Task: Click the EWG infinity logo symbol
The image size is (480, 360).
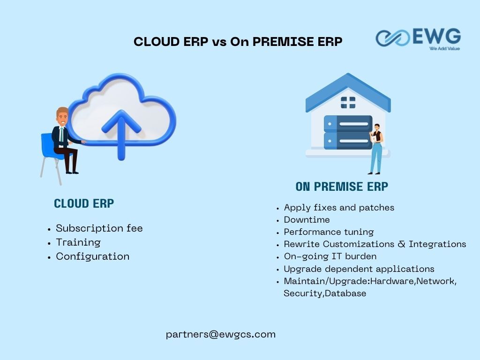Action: [393, 38]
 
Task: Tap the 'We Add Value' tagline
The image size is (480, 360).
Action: [444, 48]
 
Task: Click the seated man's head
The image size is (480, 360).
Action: [62, 116]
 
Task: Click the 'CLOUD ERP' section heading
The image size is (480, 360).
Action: [84, 203]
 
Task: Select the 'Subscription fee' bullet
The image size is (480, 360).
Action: [99, 228]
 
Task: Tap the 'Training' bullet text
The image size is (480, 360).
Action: [78, 242]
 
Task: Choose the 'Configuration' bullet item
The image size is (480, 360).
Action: [93, 256]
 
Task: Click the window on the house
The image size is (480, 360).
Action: [348, 103]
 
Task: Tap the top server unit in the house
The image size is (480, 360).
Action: [348, 124]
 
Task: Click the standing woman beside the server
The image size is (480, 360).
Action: [376, 149]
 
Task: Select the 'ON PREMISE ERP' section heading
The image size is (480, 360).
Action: [342, 187]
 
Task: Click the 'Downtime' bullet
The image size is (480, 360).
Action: [307, 220]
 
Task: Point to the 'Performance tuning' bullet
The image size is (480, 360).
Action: [329, 232]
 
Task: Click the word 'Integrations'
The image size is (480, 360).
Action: [437, 244]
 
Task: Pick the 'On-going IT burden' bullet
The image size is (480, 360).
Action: [330, 256]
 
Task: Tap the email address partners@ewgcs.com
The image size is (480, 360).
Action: [221, 334]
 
